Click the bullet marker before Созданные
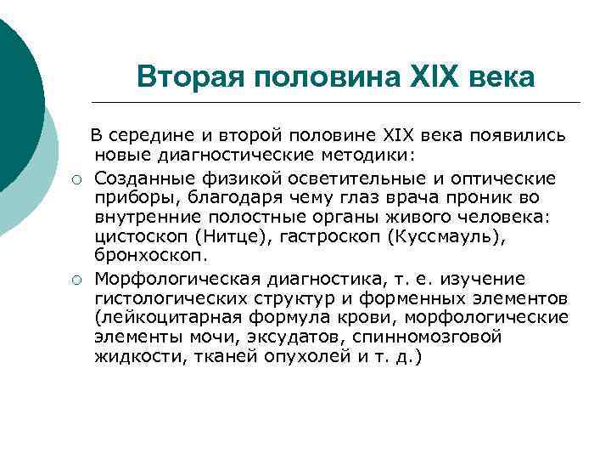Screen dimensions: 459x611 (76, 178)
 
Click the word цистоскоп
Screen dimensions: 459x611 (137, 238)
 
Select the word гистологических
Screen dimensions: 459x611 (166, 298)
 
